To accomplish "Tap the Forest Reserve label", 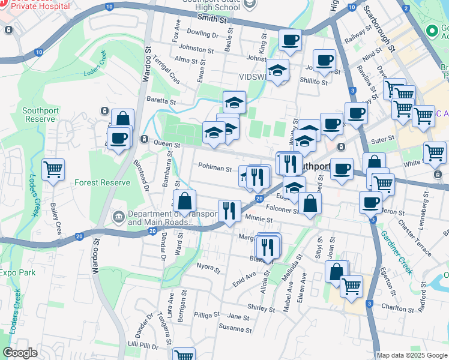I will pos(102,182).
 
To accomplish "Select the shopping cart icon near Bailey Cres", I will pos(53,170).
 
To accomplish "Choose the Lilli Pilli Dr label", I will pos(142,346).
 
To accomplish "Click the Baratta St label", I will pos(164,102).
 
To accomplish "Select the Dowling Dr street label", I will pos(200,35).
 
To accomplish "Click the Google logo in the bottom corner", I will pos(20,353).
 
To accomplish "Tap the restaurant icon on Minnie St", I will pos(229,211).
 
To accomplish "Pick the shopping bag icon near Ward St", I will pos(185,201).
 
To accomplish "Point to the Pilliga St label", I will pos(208,314).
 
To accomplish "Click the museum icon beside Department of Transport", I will pos(118,215).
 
